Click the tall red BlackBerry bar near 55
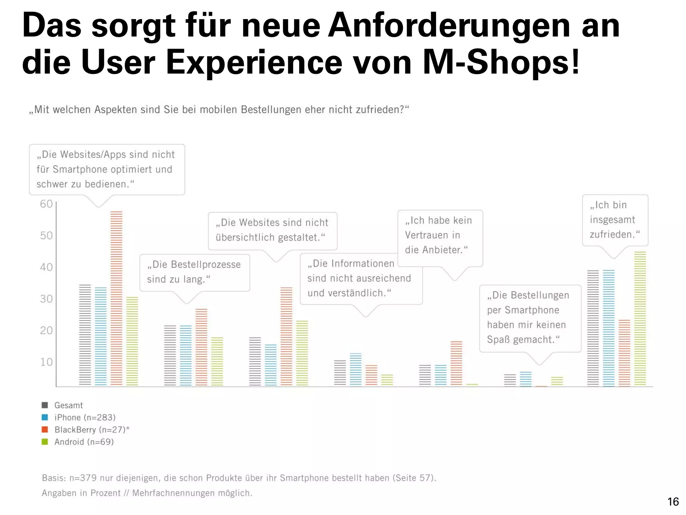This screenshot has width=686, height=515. pos(116,298)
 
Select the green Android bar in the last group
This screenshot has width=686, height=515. pos(640,319)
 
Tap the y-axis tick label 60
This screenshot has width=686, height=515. pos(46,204)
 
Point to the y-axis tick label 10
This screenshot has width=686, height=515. pos(46,362)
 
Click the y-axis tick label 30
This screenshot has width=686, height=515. pos(46,299)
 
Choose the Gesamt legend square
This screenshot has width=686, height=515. pos(45,405)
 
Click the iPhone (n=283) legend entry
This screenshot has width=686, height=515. pos(85,417)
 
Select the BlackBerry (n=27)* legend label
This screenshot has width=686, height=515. pos(92,430)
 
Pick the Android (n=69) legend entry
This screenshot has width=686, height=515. pos(84,442)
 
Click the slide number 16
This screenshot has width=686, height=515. pos(673,502)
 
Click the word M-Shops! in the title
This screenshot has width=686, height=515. pos(501,62)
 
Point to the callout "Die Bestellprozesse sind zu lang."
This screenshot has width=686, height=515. pos(194,272)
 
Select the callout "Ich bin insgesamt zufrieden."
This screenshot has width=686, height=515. pos(615,220)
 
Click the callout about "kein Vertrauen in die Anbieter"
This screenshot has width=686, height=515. pos(439,235)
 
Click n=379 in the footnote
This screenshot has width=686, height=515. pos(83,478)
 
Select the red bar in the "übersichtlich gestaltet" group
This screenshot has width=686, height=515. pos(286,336)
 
